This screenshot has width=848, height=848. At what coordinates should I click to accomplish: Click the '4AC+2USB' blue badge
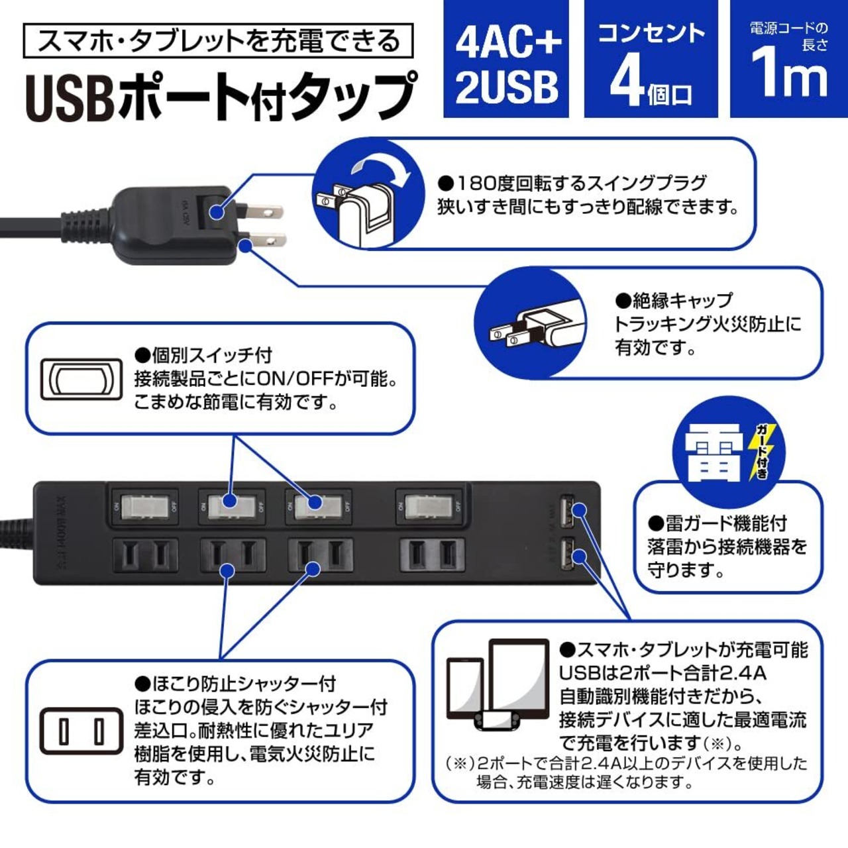(506, 60)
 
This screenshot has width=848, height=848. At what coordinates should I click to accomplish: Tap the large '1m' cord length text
(788, 74)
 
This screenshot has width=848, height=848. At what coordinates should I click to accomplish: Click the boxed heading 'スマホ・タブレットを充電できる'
(218, 40)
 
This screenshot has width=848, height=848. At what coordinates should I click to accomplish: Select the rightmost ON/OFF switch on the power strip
(429, 507)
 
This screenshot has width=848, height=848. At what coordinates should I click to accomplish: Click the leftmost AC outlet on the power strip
(145, 555)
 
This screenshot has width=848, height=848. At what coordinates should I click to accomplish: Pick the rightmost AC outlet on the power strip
(431, 555)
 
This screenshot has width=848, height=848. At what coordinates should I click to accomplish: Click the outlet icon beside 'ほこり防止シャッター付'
(81, 731)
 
